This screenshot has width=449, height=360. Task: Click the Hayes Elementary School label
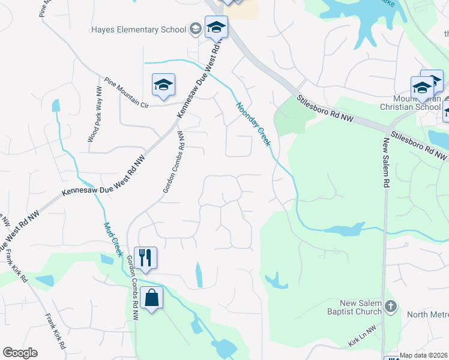[x=138, y=29]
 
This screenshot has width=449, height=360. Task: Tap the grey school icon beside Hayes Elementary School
[x=194, y=29]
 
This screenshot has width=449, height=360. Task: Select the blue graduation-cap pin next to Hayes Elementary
[x=216, y=28]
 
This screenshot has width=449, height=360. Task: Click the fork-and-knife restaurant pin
[x=145, y=257]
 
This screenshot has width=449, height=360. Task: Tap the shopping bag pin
[x=152, y=298]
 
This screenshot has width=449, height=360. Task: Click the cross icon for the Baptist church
[x=390, y=307]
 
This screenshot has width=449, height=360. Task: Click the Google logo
[x=20, y=353]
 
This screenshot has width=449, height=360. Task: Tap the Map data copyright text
[x=424, y=355]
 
